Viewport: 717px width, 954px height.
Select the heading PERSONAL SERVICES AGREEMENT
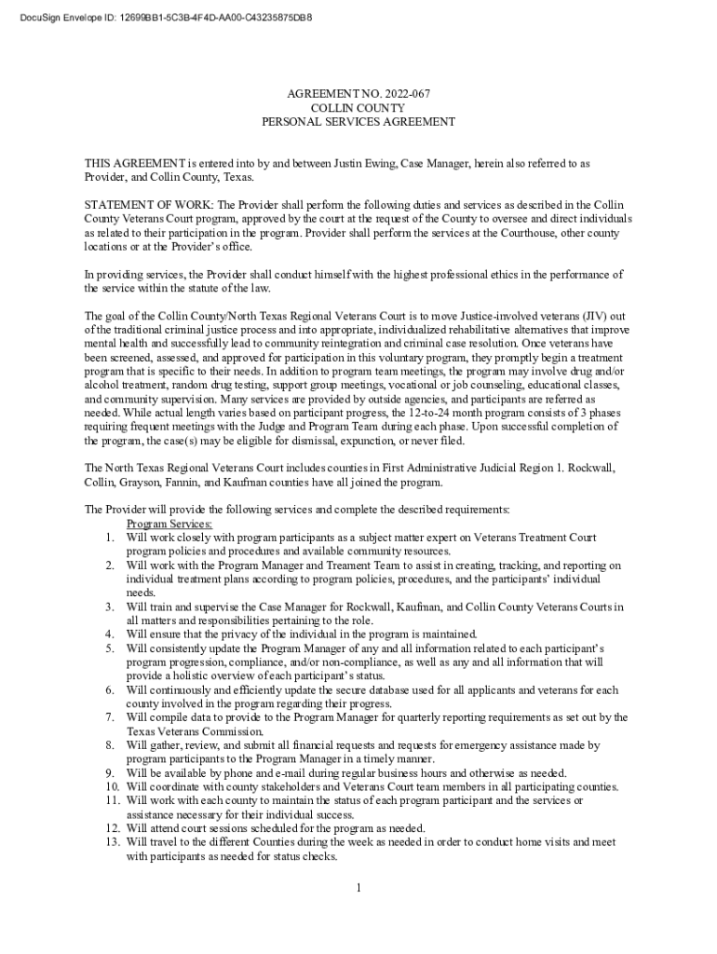pos(358,122)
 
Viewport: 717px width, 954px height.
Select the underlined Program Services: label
pos(169,525)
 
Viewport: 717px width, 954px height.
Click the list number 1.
pos(109,538)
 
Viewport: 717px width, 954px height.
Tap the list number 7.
pos(109,718)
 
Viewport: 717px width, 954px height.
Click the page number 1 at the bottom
pos(358,887)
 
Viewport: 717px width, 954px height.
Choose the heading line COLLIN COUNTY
pos(358,108)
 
